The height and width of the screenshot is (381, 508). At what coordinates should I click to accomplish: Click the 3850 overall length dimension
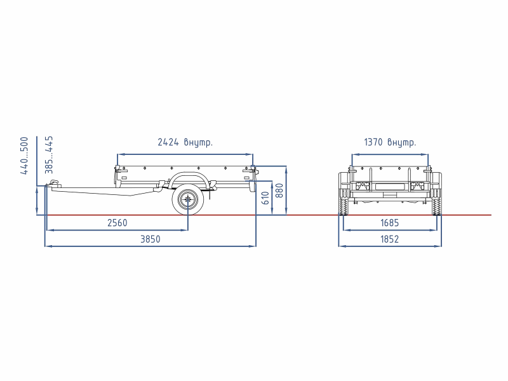point(150,239)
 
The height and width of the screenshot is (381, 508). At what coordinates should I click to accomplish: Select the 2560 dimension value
point(117,223)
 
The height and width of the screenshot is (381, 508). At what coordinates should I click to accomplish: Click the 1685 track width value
point(389,223)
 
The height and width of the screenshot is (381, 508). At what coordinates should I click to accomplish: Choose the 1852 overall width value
point(389,239)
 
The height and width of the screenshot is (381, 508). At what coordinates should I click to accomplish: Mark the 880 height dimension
point(279,190)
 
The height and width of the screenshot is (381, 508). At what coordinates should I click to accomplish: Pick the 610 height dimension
point(265,198)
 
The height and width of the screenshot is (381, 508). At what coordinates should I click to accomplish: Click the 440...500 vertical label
point(24,156)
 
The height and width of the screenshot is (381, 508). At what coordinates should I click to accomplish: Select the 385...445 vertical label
point(49,155)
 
